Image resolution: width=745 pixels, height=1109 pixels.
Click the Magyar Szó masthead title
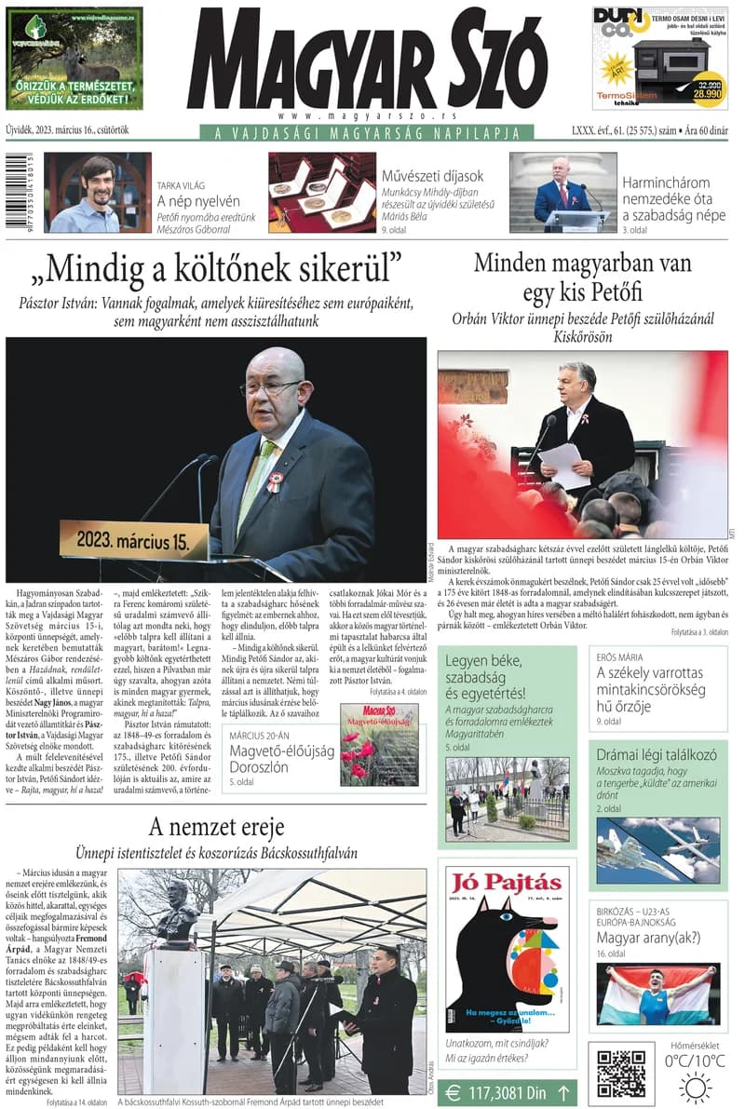tap(367, 58)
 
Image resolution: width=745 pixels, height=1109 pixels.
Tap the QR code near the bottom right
tap(621, 1074)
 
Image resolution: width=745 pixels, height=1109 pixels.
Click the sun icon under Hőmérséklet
tap(695, 1087)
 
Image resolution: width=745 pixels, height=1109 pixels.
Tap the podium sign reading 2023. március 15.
tap(134, 541)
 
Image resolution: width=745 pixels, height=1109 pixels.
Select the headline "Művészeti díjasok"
tap(432, 176)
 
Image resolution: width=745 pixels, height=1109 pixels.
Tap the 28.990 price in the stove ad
tap(703, 95)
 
